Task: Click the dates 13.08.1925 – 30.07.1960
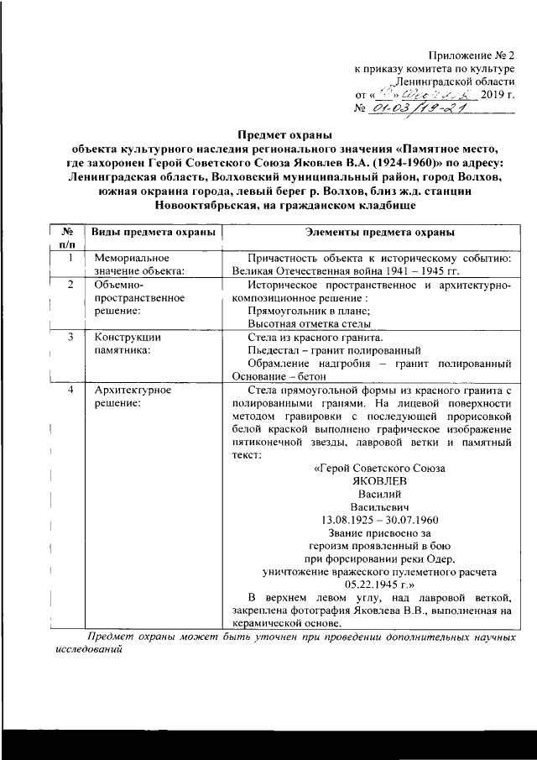(x=379, y=521)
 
